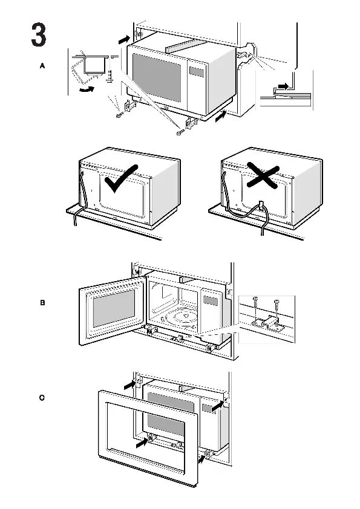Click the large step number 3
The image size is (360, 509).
coord(39,34)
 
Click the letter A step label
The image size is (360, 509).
coord(42,66)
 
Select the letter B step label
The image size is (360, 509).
coord(42,302)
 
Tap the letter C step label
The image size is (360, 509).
coord(42,398)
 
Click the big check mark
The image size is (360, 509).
coord(121,178)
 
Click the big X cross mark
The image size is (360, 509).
coord(263,175)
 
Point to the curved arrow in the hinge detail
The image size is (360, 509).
coord(87,89)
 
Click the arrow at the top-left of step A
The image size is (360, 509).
coord(124,40)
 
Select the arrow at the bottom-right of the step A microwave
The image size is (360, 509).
coord(221,116)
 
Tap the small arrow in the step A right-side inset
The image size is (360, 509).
coord(283,86)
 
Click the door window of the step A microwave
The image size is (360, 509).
coord(157,77)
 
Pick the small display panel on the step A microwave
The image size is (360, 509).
coord(197,72)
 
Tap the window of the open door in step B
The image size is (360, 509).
coord(114,308)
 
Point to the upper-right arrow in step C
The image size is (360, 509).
coord(218,406)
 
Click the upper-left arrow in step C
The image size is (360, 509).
coord(130,385)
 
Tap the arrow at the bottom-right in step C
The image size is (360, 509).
coord(201,459)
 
